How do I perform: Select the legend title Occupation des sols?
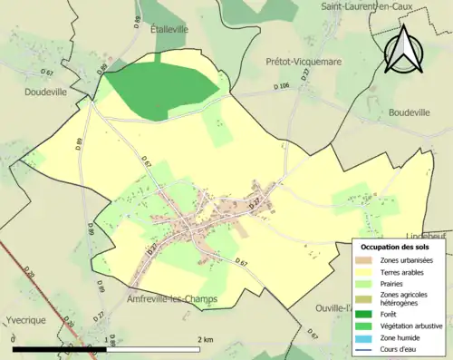395,247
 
